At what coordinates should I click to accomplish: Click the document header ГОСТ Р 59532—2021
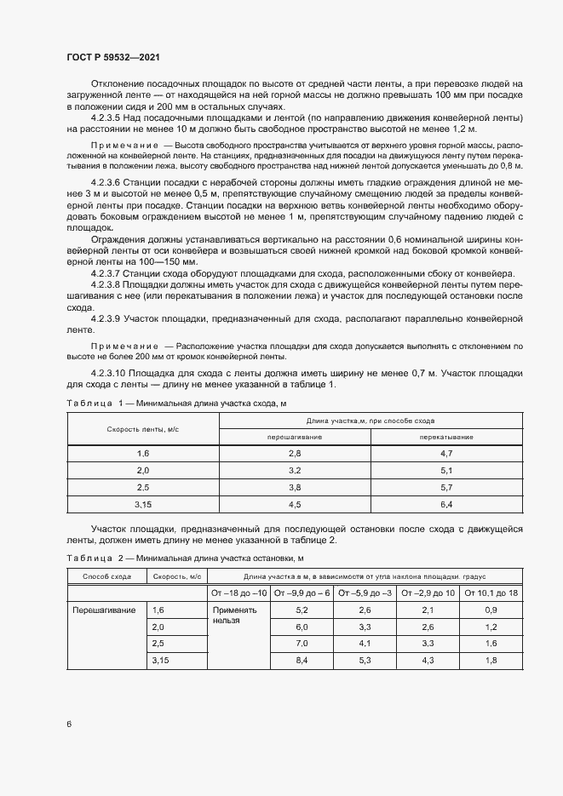tap(112, 56)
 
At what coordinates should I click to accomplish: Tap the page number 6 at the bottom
tap(68, 724)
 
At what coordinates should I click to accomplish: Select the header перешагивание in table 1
tap(295, 436)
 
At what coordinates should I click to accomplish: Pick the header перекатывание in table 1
tap(446, 436)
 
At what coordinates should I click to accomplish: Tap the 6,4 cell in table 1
tap(446, 504)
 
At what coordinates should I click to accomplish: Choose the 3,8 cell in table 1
tap(295, 487)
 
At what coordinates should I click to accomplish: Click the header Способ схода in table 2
tap(106, 576)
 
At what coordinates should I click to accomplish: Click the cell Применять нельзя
tap(233, 616)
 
